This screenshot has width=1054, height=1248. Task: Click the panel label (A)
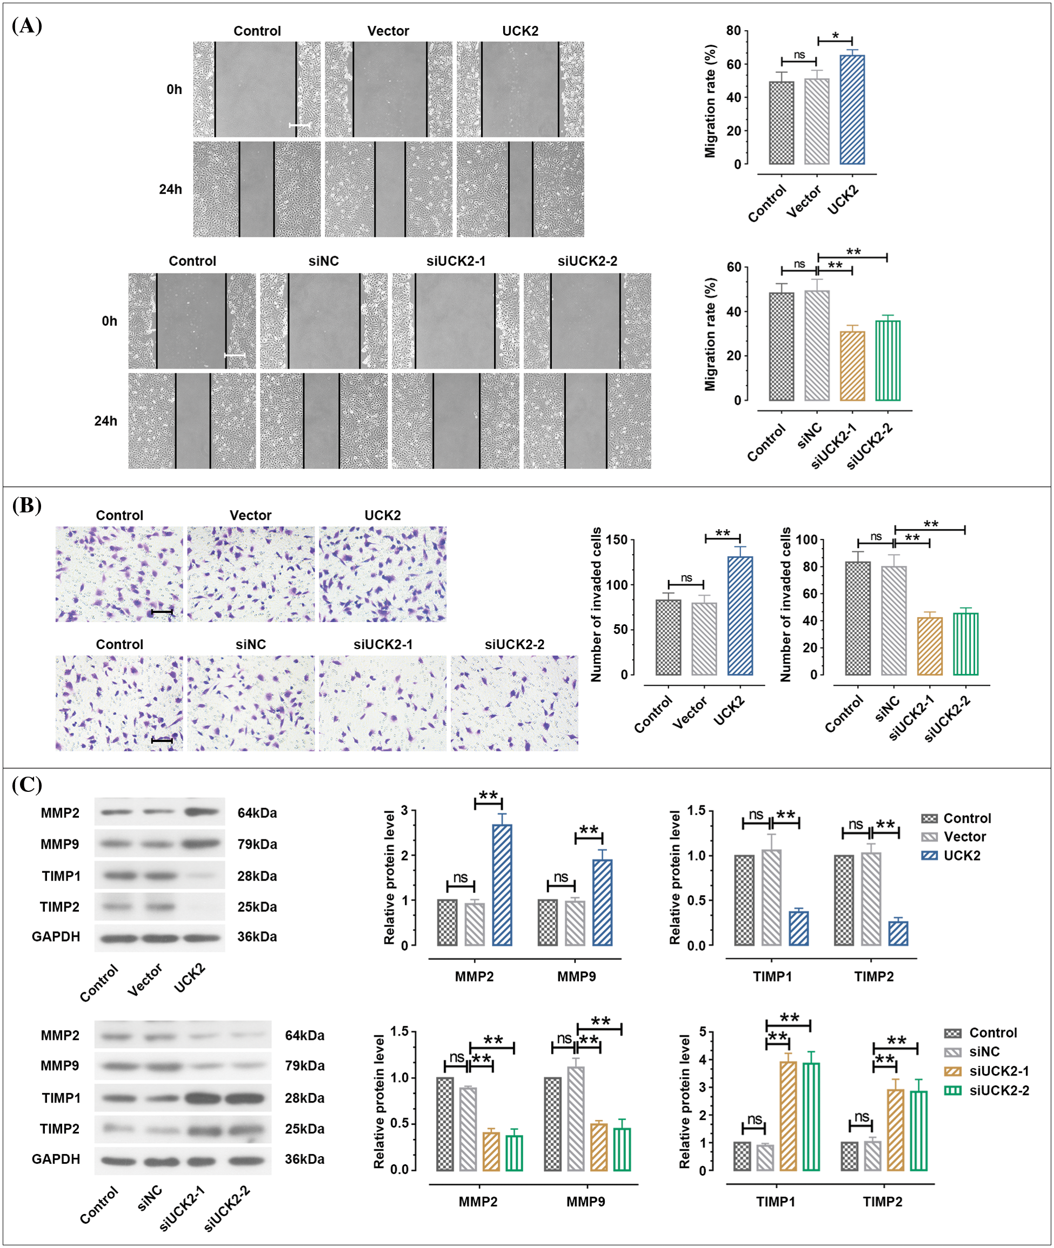pos(27,26)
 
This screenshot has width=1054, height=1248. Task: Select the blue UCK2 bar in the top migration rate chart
pos(851,110)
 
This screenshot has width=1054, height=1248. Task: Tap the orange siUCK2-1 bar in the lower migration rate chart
pos(852,365)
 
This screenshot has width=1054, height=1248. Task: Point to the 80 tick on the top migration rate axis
pos(733,30)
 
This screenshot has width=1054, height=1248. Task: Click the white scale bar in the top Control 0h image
pos(299,125)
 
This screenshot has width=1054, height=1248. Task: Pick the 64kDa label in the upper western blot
pos(257,813)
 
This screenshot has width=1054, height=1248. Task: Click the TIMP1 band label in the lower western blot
pos(61,1098)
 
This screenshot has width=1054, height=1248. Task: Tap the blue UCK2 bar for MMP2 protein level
pos(502,885)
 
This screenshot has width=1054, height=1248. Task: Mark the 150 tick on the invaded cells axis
pos(617,540)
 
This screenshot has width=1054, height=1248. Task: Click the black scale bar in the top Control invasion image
pos(162,612)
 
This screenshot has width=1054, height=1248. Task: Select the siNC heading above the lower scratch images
pos(324,261)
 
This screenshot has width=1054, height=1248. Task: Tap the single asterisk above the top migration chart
pos(835,36)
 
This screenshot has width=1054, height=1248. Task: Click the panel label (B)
pos(27,505)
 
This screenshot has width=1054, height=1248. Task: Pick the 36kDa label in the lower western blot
pos(305,1159)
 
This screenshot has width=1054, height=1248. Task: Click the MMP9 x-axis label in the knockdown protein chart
pos(585,1202)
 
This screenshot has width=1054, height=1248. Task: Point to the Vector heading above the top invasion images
pos(250,515)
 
